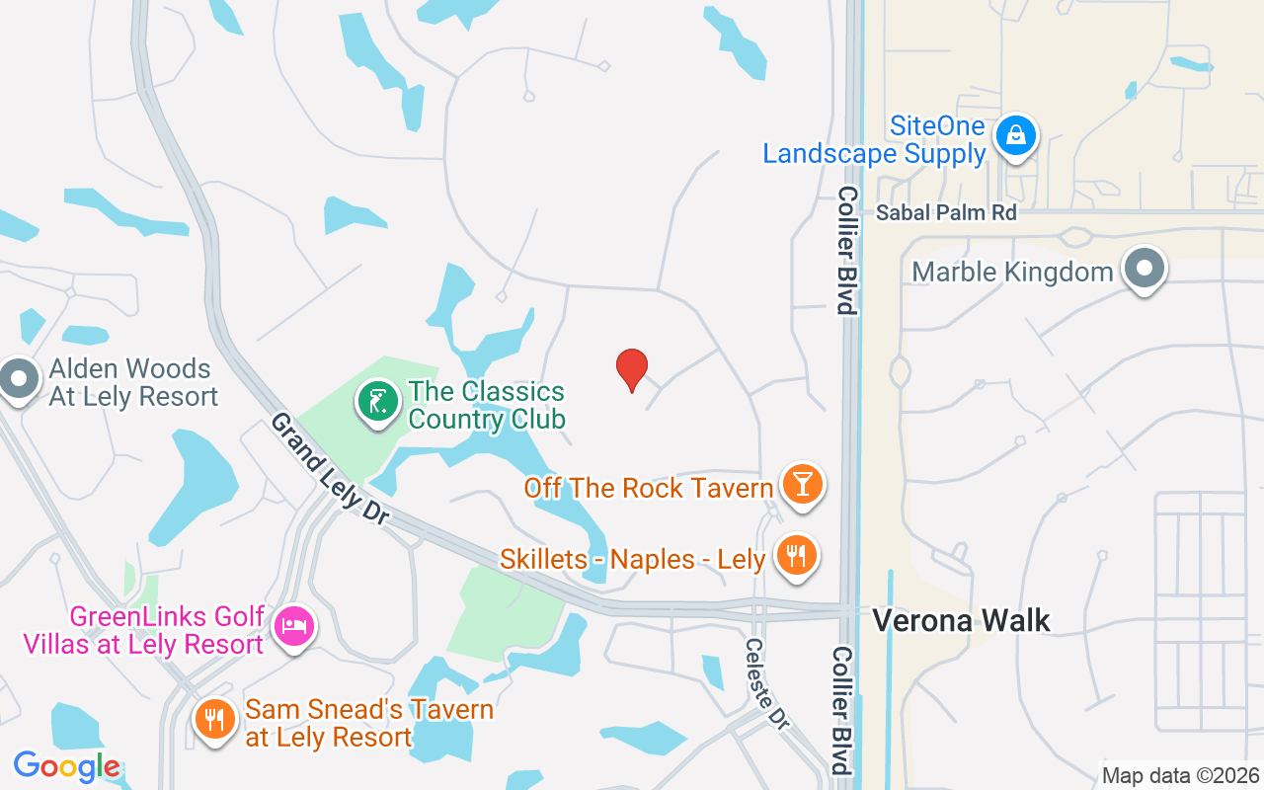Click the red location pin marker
(x=632, y=369)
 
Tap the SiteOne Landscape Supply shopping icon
(x=1015, y=136)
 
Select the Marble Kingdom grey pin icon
(x=1145, y=269)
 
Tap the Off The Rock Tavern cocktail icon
(x=803, y=484)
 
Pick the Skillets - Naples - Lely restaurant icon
(x=796, y=556)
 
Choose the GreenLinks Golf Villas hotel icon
(x=294, y=625)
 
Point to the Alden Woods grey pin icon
(x=17, y=379)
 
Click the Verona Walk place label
(x=961, y=620)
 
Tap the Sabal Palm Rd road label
(x=946, y=213)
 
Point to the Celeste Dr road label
(x=767, y=684)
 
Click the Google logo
(x=66, y=766)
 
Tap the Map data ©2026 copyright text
(x=1180, y=775)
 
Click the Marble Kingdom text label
(x=1012, y=272)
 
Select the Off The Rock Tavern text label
(x=648, y=487)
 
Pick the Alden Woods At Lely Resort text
(x=132, y=383)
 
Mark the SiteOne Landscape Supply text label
(x=874, y=140)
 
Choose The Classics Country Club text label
(x=486, y=406)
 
